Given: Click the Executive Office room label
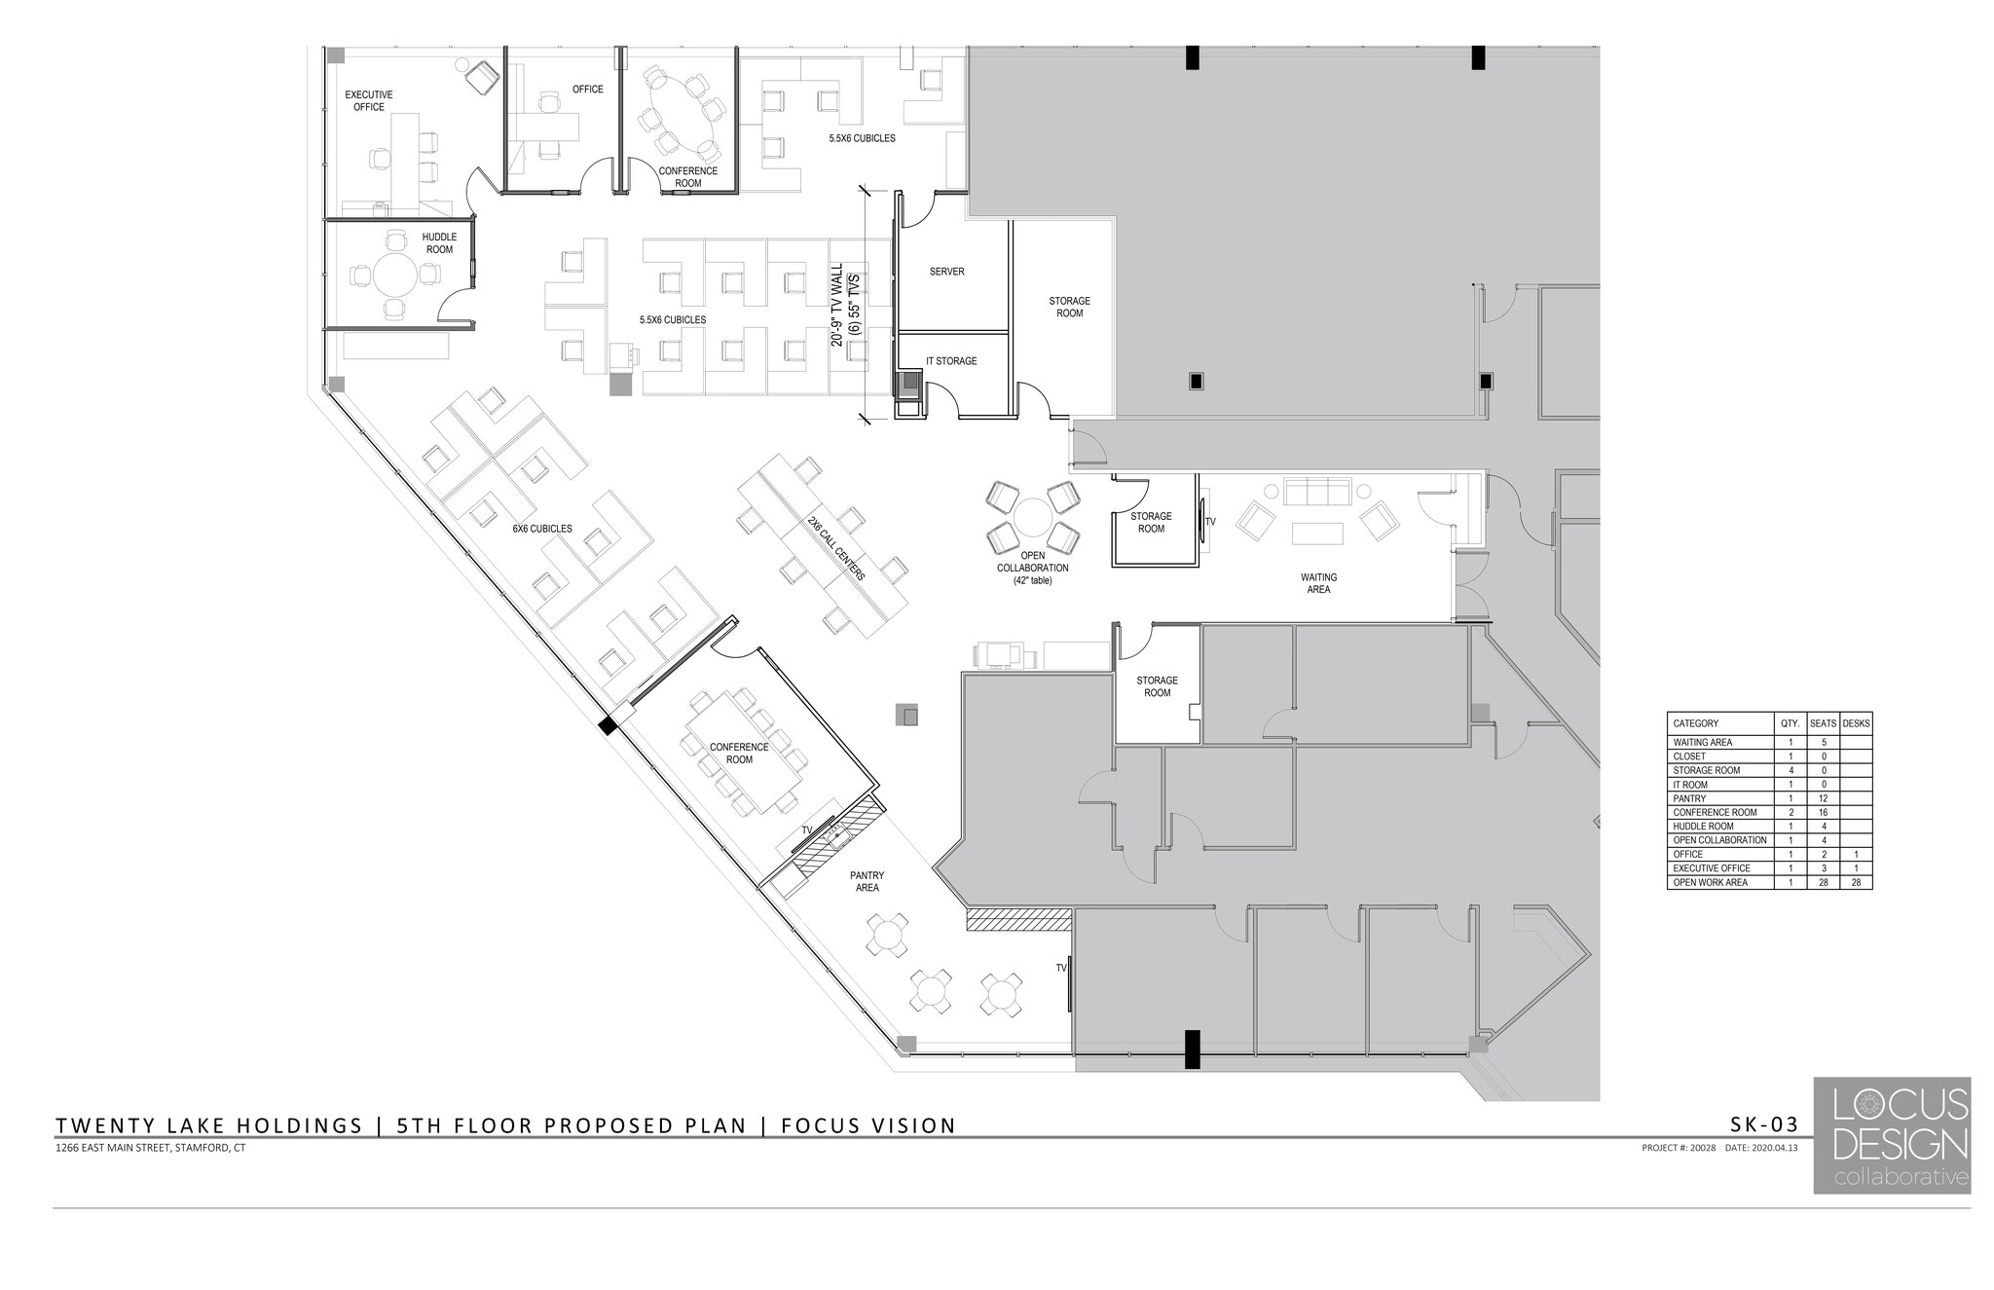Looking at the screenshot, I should pyautogui.click(x=368, y=101).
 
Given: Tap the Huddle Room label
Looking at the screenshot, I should pyautogui.click(x=439, y=243).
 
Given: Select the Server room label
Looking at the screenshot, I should pyautogui.click(x=946, y=272).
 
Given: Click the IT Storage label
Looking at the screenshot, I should pyautogui.click(x=951, y=361).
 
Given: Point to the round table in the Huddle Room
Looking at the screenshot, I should pyautogui.click(x=394, y=276).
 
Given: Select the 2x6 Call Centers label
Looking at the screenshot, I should pyautogui.click(x=835, y=548).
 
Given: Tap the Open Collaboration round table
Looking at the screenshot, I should pyautogui.click(x=1032, y=516).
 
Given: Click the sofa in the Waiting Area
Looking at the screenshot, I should pyautogui.click(x=1317, y=492).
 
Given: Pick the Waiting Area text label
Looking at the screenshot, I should pyautogui.click(x=1317, y=583).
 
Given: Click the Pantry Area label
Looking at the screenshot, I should pyautogui.click(x=867, y=881).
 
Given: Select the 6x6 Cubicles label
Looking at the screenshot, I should pyautogui.click(x=542, y=530).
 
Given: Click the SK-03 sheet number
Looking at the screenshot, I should pyautogui.click(x=1763, y=1124).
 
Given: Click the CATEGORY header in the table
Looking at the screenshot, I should pyautogui.click(x=1695, y=723).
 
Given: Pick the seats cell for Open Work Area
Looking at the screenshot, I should pyautogui.click(x=1823, y=882).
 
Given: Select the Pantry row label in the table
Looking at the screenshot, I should pyautogui.click(x=1689, y=798).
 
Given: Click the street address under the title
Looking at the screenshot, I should pyautogui.click(x=151, y=1148).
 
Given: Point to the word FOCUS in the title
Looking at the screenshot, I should pyautogui.click(x=821, y=1125).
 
